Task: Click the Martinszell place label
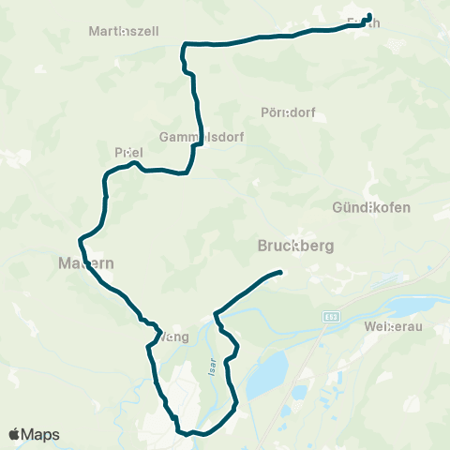click(x=125, y=31)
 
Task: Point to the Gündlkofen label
click(x=372, y=206)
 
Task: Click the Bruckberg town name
click(x=295, y=247)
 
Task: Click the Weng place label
click(x=175, y=337)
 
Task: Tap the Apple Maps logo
click(x=34, y=435)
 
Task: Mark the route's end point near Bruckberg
click(x=280, y=272)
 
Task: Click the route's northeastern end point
click(x=368, y=15)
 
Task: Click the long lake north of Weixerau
click(x=412, y=307)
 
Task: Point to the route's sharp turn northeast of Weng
click(x=216, y=313)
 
